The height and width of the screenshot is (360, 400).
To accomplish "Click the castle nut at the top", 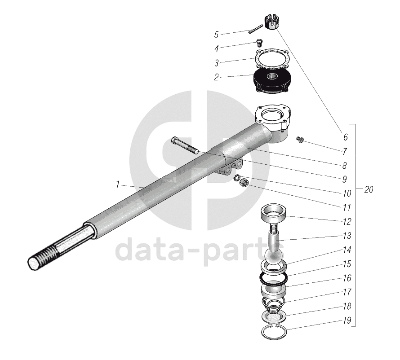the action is pyautogui.click(x=271, y=22).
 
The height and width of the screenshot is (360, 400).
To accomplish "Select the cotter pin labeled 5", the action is pyautogui.click(x=255, y=28).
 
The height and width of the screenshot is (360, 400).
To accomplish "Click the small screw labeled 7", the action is pyautogui.click(x=300, y=139).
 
